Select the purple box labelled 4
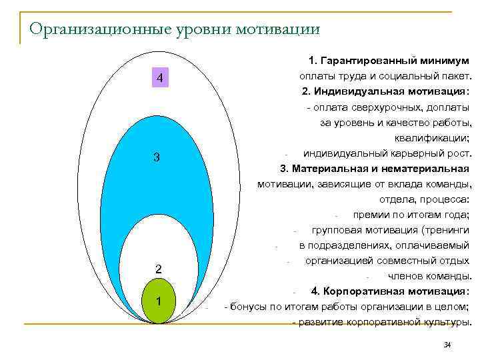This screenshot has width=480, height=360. [159, 78]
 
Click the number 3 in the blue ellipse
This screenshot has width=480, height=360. [156, 157]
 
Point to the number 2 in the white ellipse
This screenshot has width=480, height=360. [158, 269]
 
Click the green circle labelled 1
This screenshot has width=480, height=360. [159, 301]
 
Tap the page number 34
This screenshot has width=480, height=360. [447, 344]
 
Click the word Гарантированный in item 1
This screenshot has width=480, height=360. [378, 61]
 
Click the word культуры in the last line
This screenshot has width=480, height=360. [443, 322]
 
